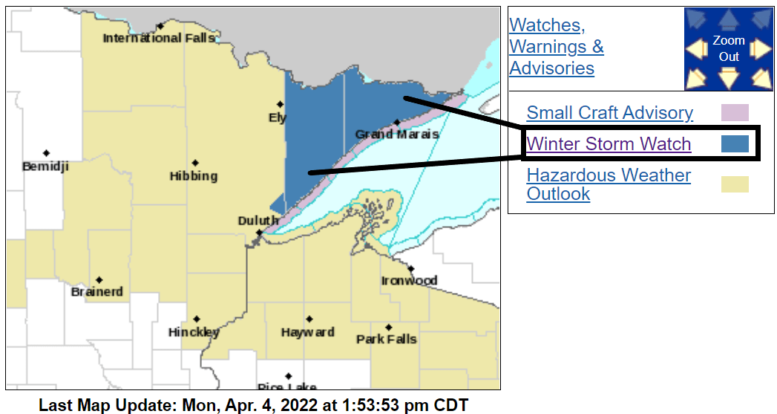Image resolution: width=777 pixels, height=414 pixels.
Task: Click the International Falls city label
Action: [159, 38]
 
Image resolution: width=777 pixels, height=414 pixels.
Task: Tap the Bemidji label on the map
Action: [45, 166]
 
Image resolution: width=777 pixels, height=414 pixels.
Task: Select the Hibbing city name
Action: [194, 176]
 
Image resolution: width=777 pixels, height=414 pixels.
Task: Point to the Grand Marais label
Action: [397, 135]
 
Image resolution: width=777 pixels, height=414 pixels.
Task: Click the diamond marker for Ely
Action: [280, 104]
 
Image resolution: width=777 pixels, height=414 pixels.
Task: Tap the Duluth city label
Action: [258, 221]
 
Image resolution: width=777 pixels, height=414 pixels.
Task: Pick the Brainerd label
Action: [97, 291]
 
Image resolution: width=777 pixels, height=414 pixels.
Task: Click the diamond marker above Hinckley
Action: [196, 319]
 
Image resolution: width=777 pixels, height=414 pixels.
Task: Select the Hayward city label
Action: [307, 332]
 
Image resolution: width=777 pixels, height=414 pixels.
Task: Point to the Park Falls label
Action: [386, 339]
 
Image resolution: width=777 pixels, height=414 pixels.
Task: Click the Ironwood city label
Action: [409, 280]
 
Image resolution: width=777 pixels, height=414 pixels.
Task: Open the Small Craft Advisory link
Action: [609, 113]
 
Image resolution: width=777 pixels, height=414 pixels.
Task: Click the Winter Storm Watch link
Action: [609, 144]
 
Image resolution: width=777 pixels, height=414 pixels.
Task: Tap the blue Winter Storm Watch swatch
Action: [735, 144]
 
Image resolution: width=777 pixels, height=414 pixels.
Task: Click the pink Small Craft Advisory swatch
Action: [735, 113]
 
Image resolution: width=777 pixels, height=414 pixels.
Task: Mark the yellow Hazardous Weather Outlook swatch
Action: [735, 184]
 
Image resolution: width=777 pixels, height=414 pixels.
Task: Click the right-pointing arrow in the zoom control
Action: [760, 49]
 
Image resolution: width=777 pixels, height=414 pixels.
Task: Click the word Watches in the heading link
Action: [546, 25]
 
